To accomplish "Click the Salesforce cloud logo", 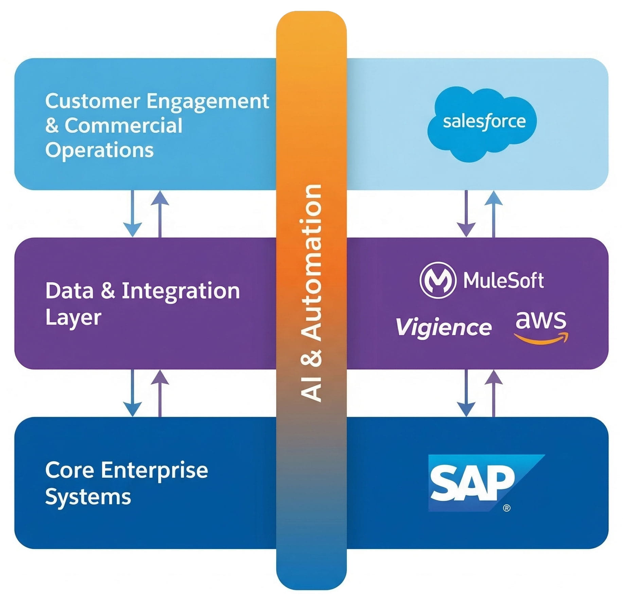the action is pos(482,124).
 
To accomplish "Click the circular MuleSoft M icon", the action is pos(438,280).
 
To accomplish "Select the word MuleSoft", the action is pos(503,280).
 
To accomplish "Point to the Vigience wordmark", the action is pos(444,327).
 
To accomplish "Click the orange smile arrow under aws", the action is pos(541,339).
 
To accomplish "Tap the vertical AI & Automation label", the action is pos(311,293).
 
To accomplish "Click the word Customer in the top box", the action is pos(93,101).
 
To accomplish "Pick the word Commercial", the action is pos(124,125).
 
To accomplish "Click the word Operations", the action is pos(99,150).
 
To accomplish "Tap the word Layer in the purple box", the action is pos(73,318).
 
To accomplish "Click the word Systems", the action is pos(88,497).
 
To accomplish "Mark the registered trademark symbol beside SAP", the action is pos(506,508).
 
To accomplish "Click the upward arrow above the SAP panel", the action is pos(494,393).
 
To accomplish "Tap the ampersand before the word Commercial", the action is pos(52,125).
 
